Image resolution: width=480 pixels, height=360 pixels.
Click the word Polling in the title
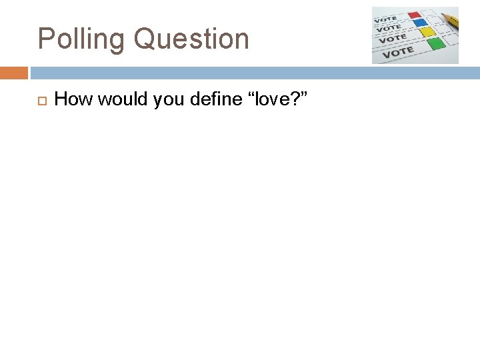tap(82, 39)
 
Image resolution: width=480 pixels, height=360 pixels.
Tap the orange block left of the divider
tap(14, 73)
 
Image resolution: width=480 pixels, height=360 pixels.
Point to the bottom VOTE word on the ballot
tap(399, 51)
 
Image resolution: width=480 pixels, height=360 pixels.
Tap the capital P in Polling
tap(45, 39)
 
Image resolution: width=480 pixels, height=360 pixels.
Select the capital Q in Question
tap(144, 39)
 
